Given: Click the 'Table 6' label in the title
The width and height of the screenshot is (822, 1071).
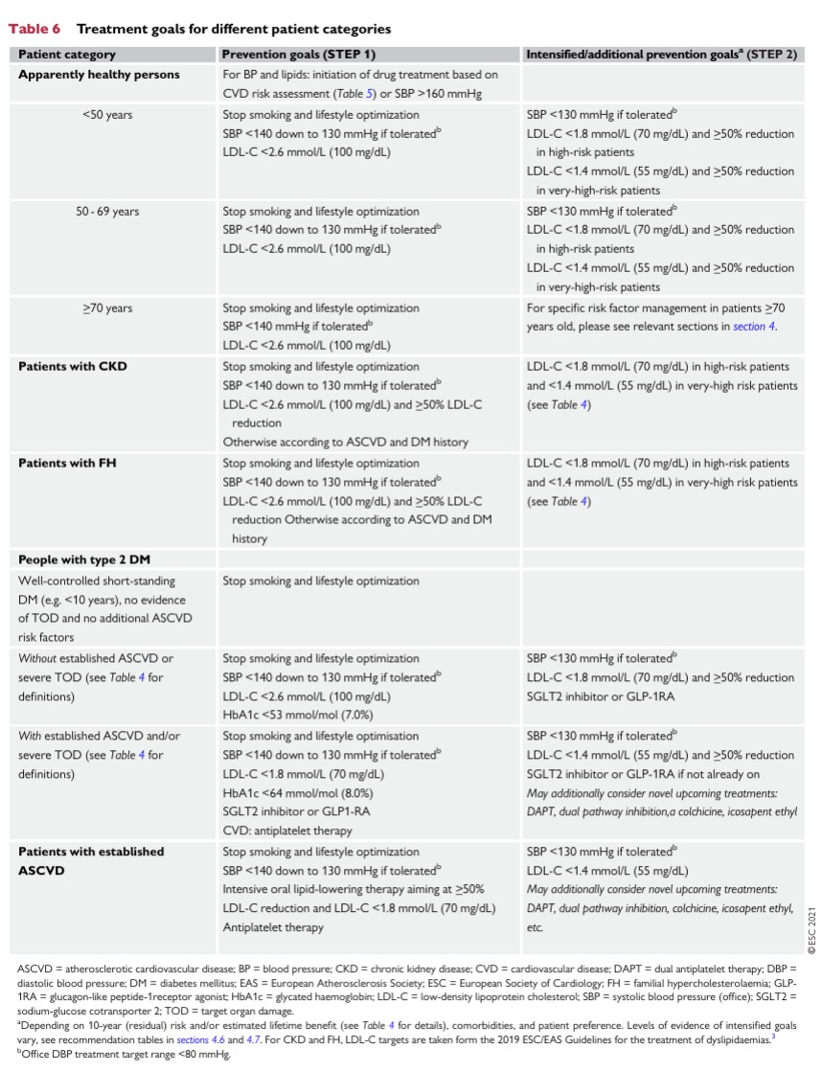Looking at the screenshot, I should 34,30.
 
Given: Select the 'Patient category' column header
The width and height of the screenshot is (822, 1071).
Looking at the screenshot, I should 67,55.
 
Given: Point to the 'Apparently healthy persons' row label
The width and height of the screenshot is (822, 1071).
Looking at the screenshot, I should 99,74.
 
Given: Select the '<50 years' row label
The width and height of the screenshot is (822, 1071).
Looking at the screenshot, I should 107,115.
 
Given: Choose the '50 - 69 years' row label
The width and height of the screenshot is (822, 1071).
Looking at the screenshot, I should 107,212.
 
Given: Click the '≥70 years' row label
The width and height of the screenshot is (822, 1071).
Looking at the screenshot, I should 107,308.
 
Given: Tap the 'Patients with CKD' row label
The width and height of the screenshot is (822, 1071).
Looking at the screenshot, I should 73,366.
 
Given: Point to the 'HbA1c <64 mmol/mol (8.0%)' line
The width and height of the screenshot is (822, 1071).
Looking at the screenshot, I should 298,794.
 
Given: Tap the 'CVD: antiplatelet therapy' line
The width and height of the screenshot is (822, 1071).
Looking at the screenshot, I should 294,832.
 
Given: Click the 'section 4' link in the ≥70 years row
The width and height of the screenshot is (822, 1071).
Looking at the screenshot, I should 754,328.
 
